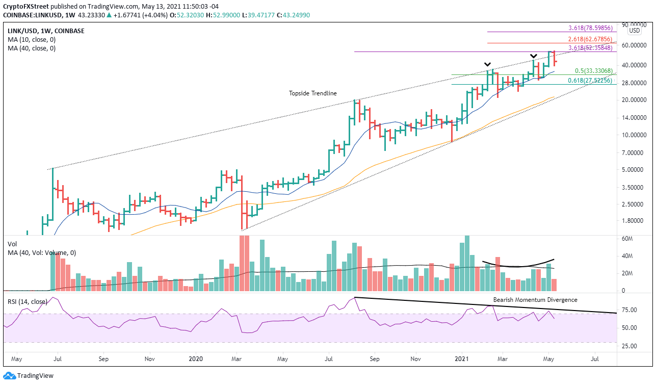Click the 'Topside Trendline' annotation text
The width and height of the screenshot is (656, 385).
click(312, 93)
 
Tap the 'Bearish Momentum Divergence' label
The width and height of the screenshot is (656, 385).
click(535, 300)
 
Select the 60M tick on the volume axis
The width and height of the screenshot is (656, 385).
click(628, 239)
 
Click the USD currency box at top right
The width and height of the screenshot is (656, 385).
click(635, 31)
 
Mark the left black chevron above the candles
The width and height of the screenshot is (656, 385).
click(488, 64)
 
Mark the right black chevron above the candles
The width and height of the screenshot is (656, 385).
click(533, 56)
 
